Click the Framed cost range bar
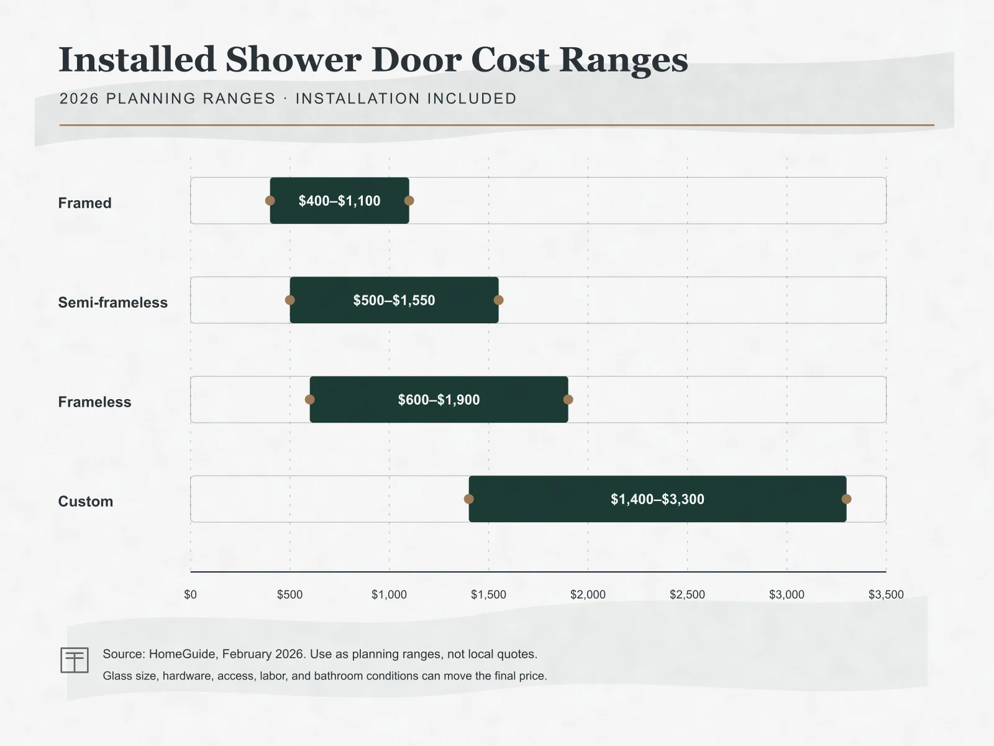coord(340,200)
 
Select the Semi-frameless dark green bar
coord(394,300)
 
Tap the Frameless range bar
coord(439,400)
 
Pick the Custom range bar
coord(657,499)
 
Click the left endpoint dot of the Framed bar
coord(270,200)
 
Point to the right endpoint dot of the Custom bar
coord(846,499)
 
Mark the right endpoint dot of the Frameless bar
coord(568,400)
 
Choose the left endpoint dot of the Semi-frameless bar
coord(290,300)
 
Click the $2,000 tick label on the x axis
coord(588,594)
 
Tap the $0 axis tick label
coord(190,594)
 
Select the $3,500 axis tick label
coord(886,594)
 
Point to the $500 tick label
coord(290,594)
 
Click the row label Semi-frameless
coord(113,302)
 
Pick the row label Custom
coord(86,502)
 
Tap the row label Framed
coord(84,203)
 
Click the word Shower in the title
coord(293,59)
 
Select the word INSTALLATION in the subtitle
coord(357,98)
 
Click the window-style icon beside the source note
coord(75,660)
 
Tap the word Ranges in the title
coord(624,61)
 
